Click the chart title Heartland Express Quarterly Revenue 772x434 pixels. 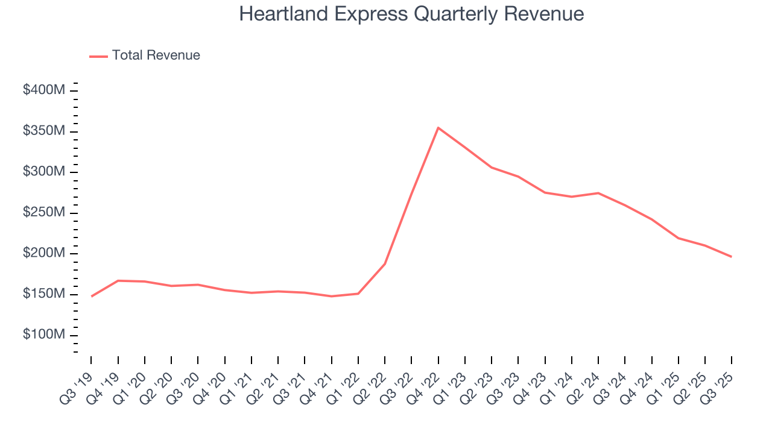point(411,14)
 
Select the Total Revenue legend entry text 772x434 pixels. point(156,55)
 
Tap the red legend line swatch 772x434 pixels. point(98,56)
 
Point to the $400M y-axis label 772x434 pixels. point(44,90)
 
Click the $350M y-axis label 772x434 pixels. point(44,131)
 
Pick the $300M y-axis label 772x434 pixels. point(44,172)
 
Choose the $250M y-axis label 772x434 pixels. point(44,213)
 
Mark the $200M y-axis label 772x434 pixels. point(44,253)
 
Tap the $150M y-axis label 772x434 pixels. point(44,294)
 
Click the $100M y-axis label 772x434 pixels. point(44,335)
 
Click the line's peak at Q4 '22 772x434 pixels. point(438,128)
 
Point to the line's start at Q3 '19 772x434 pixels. point(92,297)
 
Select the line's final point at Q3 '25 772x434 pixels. point(732,257)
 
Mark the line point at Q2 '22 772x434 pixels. point(385,263)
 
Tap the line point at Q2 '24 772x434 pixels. point(598,193)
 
